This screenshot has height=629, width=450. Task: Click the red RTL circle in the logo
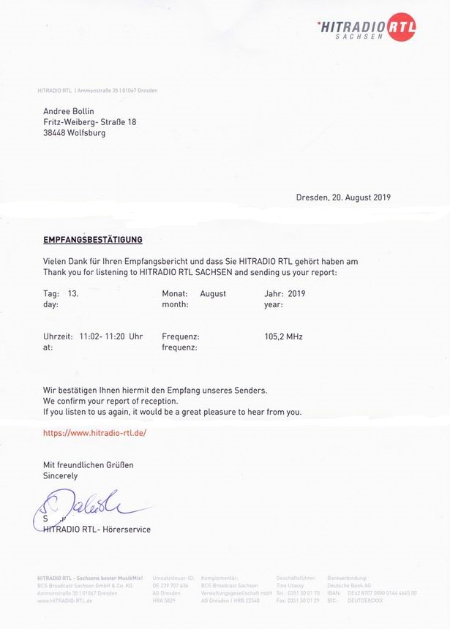(402, 27)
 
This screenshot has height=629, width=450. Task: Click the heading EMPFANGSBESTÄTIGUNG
(93, 239)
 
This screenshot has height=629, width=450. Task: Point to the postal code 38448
(56, 133)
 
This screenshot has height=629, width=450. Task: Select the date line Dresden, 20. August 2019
(343, 197)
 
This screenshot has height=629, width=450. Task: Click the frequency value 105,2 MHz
(283, 336)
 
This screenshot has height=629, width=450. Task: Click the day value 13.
(73, 293)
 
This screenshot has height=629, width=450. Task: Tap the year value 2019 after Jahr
(297, 293)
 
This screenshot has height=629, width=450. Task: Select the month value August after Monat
(213, 293)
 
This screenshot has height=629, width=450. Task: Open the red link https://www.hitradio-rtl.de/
(95, 432)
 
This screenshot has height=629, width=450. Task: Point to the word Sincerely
(60, 475)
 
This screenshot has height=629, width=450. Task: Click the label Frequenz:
(181, 336)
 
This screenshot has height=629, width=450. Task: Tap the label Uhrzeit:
(58, 336)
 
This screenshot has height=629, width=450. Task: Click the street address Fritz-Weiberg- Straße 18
(90, 122)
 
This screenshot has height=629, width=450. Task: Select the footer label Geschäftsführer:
(296, 578)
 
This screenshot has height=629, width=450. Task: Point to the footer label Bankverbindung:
(347, 578)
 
